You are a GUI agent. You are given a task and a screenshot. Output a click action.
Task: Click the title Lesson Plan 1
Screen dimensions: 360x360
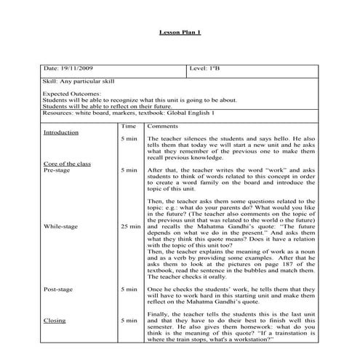(x=179, y=33)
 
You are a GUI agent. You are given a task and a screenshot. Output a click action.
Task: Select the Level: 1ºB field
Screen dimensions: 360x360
(x=207, y=68)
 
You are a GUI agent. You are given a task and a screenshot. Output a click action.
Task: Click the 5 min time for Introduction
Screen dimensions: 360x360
(x=129, y=138)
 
